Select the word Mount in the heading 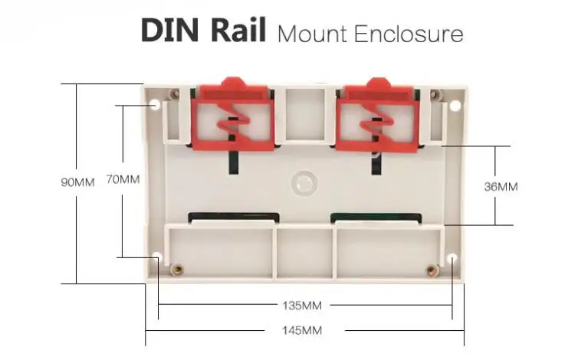(x=310, y=34)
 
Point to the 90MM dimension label (x=77, y=182)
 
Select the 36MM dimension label (x=502, y=186)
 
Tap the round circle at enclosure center (x=304, y=181)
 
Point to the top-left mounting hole (x=156, y=103)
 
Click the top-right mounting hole (x=453, y=105)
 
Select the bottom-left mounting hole (x=158, y=257)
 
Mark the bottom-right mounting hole (x=452, y=258)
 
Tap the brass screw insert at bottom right (x=432, y=269)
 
